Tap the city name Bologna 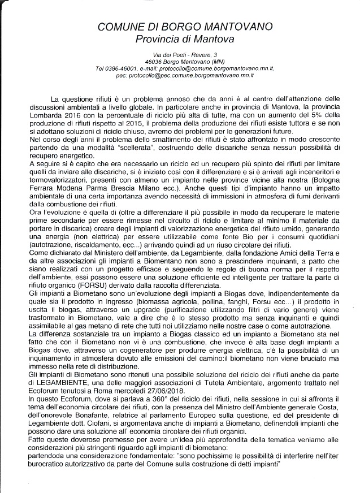tap(324, 187)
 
